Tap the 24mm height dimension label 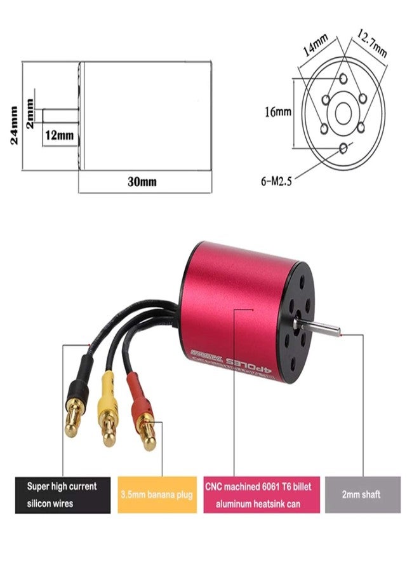point(15,126)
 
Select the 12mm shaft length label point(59,135)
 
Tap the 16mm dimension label point(278,112)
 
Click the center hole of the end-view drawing point(343,113)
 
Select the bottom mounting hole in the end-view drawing point(343,148)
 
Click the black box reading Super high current point(62,494)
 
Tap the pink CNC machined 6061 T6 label point(261,494)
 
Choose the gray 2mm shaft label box point(362,493)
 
